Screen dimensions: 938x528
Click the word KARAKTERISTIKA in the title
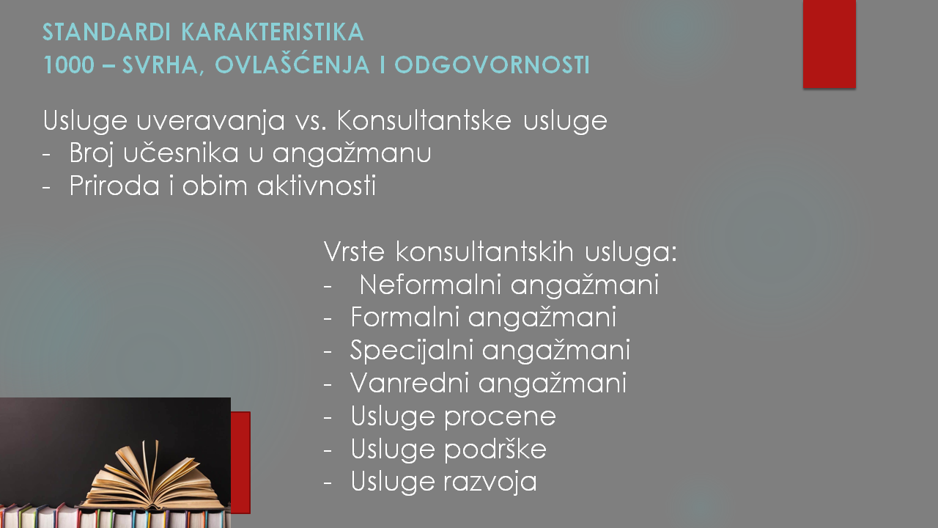coord(273,32)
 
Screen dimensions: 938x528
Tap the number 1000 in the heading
coord(69,65)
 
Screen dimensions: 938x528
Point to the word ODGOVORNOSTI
coord(492,65)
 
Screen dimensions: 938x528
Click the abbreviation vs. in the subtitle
coord(310,121)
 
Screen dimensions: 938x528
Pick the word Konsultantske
coord(424,120)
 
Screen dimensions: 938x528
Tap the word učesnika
coord(181,153)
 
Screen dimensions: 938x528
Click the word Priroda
coord(114,186)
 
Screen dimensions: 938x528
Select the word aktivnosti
coord(317,186)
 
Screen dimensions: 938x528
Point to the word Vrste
coord(354,252)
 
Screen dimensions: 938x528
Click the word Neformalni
coord(430,285)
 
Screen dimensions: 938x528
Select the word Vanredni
coord(409,383)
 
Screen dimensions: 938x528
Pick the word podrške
coord(495,450)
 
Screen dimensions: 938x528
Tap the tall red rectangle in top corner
coord(829,44)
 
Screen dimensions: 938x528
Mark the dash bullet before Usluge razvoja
coord(328,483)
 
